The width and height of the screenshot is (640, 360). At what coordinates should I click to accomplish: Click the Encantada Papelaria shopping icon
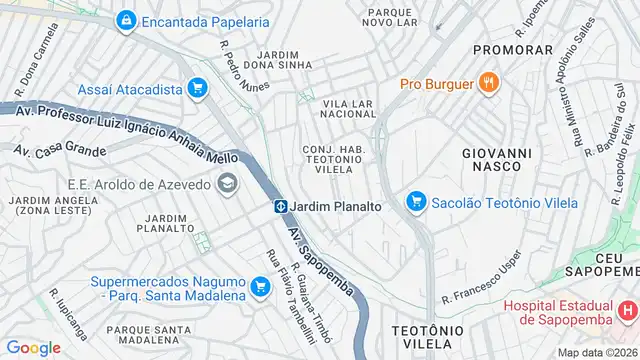click(126, 20)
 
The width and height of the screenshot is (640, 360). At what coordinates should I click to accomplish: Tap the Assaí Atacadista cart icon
click(197, 88)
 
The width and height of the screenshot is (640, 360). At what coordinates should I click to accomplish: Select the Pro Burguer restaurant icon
click(489, 83)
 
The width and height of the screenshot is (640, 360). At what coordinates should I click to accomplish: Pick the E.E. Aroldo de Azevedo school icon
click(228, 183)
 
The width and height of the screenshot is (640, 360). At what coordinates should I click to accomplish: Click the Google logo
click(33, 347)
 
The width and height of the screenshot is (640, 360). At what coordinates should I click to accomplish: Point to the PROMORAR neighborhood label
click(512, 49)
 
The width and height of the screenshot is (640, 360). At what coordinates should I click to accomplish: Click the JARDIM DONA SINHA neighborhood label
click(277, 60)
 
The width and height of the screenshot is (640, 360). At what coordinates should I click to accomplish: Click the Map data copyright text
click(598, 351)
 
